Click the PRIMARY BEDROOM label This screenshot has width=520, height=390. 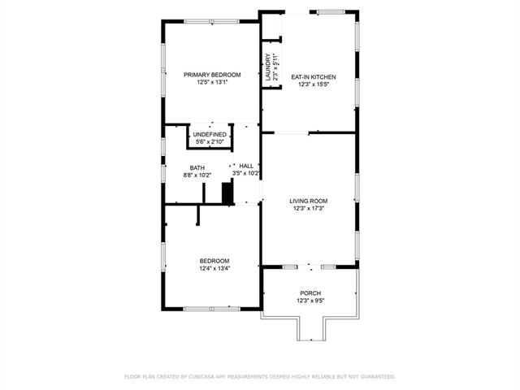coord(212,75)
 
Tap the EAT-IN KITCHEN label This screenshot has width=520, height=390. coord(314,77)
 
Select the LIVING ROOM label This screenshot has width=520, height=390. coord(309,201)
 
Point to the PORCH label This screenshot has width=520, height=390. coord(310,293)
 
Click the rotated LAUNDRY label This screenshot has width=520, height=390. coord(268,67)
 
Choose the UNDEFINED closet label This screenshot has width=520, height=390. coord(210,135)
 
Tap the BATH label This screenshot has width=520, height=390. coord(197,168)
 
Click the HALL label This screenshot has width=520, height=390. coord(246,166)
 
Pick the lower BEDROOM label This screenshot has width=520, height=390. coord(214,261)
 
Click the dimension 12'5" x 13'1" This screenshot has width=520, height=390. coord(212,82)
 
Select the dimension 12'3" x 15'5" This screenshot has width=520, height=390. coord(314,84)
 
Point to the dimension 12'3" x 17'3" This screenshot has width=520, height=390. coord(309,209)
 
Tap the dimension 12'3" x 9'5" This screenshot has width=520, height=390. coord(310,301)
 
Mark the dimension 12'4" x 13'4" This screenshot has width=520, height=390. coord(214,269)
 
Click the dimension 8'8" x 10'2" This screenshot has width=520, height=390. coord(197,175)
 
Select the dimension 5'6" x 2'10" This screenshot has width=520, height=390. coord(210,142)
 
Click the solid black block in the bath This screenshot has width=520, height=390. coord(227,193)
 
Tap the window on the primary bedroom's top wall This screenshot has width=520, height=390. coord(211,22)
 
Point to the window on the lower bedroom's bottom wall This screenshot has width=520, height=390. coord(211,309)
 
